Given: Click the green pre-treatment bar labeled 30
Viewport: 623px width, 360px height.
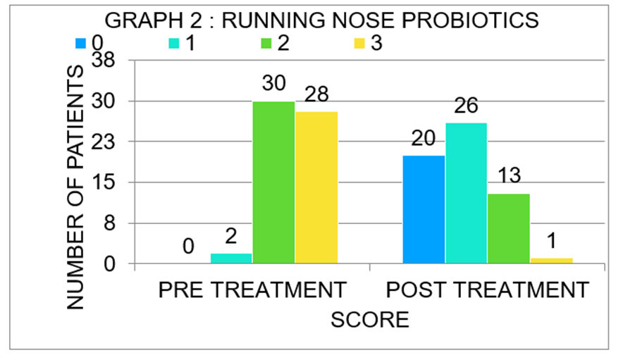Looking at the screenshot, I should tap(273, 183).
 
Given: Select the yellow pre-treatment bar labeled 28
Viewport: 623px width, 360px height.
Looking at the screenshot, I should tap(316, 188).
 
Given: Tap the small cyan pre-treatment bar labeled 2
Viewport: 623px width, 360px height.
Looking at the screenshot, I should tap(231, 259).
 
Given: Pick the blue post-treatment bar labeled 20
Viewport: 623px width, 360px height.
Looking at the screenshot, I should tap(424, 210).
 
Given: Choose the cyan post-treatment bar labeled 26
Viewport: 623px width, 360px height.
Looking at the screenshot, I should tap(466, 194).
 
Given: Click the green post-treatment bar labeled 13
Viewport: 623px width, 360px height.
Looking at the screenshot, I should tap(508, 229).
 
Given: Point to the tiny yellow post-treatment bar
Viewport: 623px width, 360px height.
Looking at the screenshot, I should tap(551, 261).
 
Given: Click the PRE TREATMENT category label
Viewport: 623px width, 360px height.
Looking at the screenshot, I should tap(252, 290).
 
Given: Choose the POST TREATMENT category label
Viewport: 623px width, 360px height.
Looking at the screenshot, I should tap(487, 290).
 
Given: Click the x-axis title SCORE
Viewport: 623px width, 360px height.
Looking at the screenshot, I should tap(370, 321).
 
